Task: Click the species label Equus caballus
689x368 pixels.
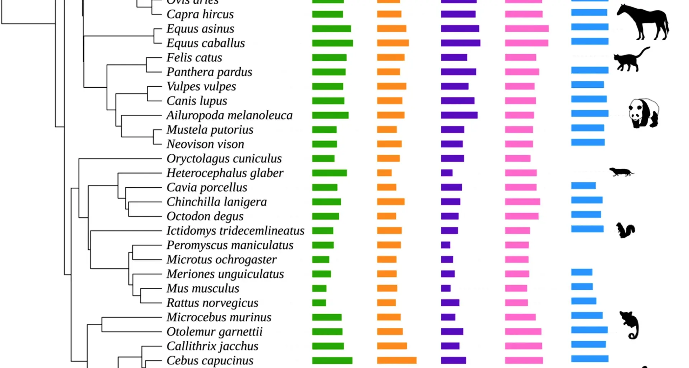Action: click(x=206, y=43)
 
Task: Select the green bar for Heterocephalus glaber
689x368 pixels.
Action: click(x=329, y=173)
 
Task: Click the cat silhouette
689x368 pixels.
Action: click(x=630, y=60)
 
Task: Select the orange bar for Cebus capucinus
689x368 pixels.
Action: click(x=397, y=360)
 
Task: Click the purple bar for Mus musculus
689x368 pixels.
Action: click(x=446, y=288)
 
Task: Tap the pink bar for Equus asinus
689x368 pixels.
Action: click(x=526, y=29)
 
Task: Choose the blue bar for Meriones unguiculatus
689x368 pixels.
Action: click(x=582, y=272)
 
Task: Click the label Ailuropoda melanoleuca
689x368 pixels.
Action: click(x=229, y=115)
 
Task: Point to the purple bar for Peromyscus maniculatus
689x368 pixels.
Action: click(x=445, y=245)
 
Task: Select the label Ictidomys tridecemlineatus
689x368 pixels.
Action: click(x=235, y=231)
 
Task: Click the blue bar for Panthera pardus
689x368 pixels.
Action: click(x=590, y=70)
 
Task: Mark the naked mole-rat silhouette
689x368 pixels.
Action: click(x=621, y=172)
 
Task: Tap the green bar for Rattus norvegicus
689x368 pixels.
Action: click(x=319, y=303)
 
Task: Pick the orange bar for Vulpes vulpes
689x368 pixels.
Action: click(x=392, y=86)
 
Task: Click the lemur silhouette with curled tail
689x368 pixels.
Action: click(x=629, y=325)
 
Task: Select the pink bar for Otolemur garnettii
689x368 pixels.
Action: click(x=523, y=331)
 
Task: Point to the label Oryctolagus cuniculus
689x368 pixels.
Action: click(x=224, y=158)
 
